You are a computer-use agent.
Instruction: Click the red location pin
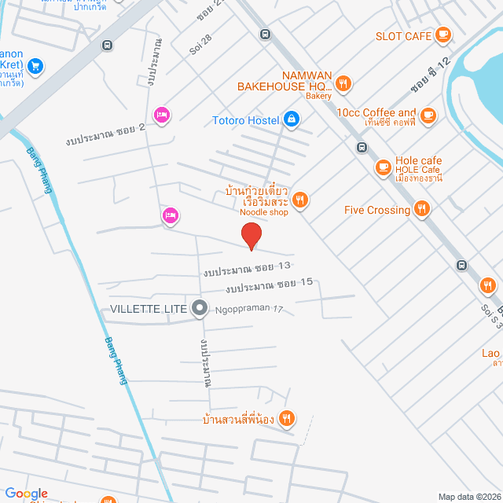point(251,235)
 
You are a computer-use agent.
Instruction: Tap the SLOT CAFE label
point(404,35)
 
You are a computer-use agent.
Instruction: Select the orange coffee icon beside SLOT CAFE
point(443,34)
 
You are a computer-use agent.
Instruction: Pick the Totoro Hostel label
point(246,120)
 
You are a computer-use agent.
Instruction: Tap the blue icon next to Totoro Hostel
point(292,119)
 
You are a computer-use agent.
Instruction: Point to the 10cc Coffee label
point(376,113)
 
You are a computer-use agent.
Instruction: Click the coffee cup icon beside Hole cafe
point(383,166)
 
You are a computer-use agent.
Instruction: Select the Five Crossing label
point(377,210)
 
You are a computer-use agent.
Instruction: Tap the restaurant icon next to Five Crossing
point(423,209)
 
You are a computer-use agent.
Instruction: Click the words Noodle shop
point(263,212)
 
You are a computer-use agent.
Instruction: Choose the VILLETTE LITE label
point(149,309)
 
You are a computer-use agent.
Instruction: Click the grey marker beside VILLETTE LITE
point(200,309)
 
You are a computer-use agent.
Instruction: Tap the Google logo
point(26,494)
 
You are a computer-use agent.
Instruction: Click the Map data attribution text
point(468,497)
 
